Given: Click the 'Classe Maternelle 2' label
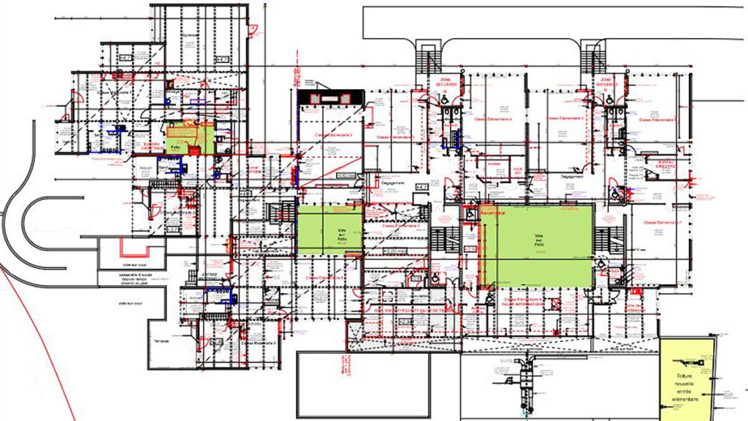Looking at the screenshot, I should (x=259, y=342).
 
